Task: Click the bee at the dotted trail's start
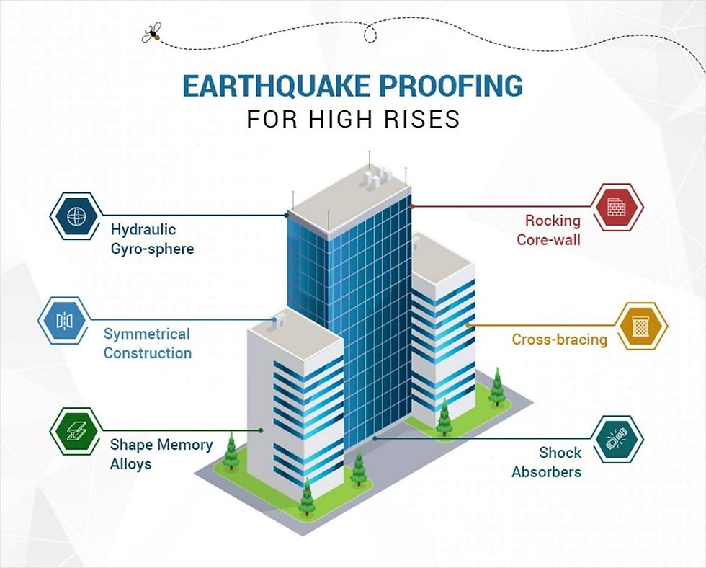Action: tap(151, 33)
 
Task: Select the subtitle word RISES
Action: tap(424, 119)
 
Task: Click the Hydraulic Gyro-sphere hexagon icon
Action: tap(76, 216)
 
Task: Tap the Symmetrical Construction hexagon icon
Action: tap(64, 321)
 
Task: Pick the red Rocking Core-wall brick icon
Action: tap(617, 207)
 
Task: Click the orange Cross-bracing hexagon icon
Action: tap(640, 326)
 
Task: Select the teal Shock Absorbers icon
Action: tap(617, 439)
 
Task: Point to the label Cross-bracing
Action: tap(560, 340)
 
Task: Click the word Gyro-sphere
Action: tap(152, 249)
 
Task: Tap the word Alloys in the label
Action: tap(130, 464)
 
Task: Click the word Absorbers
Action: tap(547, 471)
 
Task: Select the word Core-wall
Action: tap(548, 239)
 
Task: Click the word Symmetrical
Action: tap(147, 334)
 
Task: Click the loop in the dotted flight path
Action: tap(370, 33)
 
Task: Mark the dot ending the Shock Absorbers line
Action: tap(375, 438)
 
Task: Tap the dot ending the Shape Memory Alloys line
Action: tap(261, 430)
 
